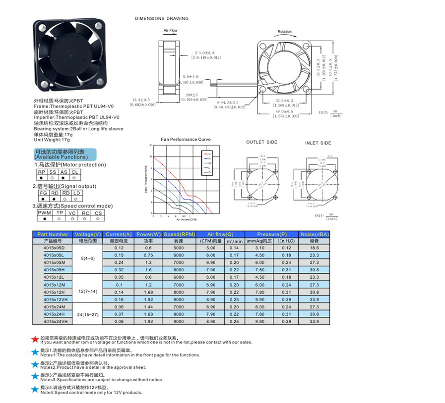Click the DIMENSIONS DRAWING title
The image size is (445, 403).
[162, 19]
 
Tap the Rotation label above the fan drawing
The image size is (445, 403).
[285, 31]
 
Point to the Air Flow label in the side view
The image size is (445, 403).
[170, 30]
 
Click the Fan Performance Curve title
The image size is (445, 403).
[186, 140]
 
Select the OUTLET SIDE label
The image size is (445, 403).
[261, 143]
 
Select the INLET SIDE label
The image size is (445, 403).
[318, 143]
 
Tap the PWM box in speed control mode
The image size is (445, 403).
[45, 212]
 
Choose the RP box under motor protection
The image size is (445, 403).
[41, 172]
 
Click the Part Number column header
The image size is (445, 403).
[52, 234]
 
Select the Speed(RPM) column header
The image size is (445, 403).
[178, 234]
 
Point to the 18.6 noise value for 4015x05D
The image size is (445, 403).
[313, 248]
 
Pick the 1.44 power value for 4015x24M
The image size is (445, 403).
[148, 307]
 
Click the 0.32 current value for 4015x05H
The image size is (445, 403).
[119, 270]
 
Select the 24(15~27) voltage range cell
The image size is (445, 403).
[87, 314]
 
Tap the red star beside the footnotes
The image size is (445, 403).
[35, 340]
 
